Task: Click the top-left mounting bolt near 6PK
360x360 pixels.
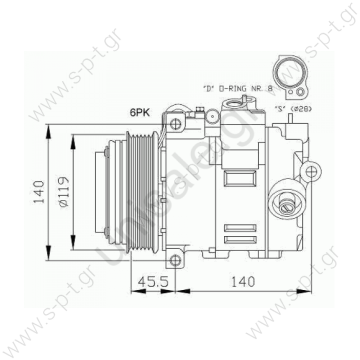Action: tap(176, 124)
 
